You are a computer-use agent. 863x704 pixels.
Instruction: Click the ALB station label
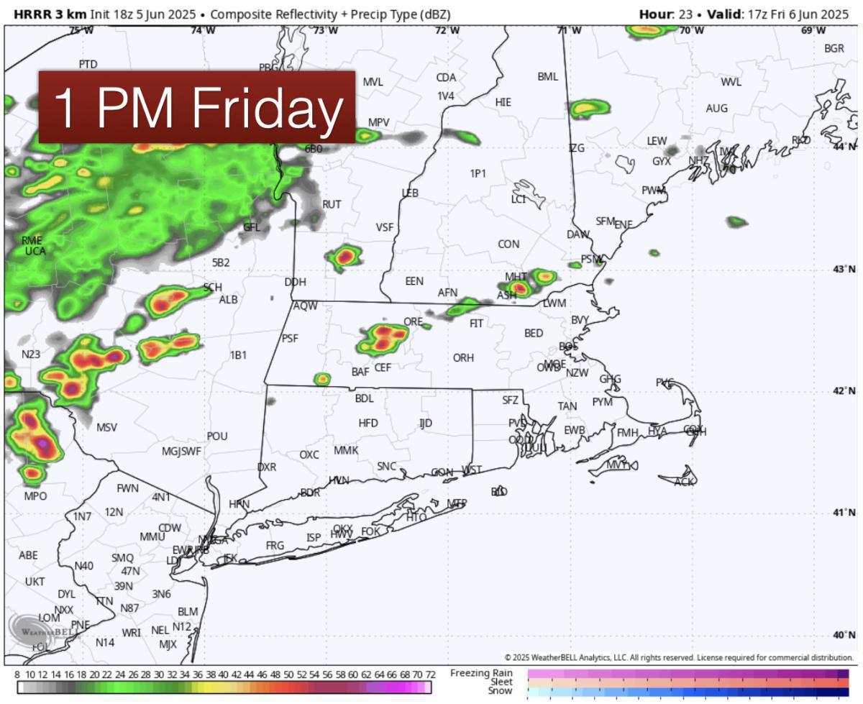[x=229, y=299]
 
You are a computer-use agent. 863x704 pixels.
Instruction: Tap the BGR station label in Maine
[x=834, y=48]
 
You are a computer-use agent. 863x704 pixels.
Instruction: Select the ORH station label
[x=463, y=357]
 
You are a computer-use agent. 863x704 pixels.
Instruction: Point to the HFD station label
[x=368, y=423]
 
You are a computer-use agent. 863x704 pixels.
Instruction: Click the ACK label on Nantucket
[x=685, y=482]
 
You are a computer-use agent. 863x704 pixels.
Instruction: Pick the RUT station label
[x=332, y=204]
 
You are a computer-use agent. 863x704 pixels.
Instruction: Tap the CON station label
[x=508, y=244]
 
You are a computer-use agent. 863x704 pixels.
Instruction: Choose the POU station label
[x=217, y=436]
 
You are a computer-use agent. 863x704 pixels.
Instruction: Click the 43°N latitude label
[x=844, y=269]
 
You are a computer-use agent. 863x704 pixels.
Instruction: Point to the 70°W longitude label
[x=692, y=30]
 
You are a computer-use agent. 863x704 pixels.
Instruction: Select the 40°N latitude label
[x=844, y=635]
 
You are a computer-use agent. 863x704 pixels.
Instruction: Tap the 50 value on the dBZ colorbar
[x=288, y=674]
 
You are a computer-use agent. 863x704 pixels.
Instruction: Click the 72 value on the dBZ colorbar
[x=430, y=674]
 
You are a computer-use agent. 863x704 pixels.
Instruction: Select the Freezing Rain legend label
[x=481, y=673]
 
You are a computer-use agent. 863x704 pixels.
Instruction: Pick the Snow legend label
[x=500, y=691]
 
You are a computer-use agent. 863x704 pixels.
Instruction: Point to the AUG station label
[x=716, y=108]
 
